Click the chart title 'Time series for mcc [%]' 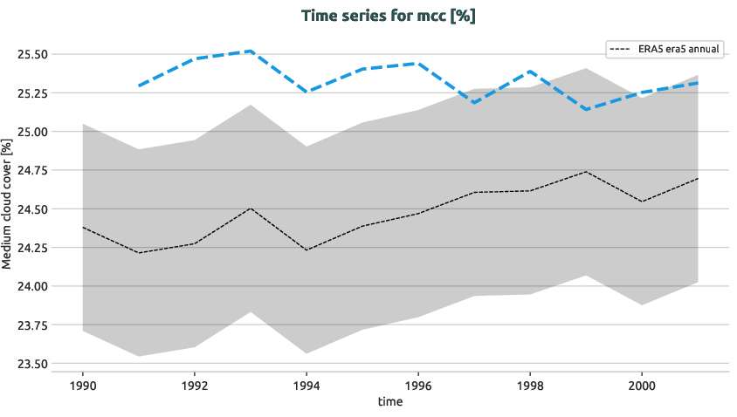pos(388,16)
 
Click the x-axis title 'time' pos(390,401)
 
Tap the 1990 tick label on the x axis pos(82,384)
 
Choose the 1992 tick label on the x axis pos(194,384)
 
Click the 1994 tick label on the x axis pos(307,384)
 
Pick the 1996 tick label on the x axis pos(418,384)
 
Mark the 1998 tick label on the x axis pos(530,384)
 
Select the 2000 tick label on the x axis pos(642,384)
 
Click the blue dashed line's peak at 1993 pos(251,51)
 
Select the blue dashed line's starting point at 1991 pos(139,85)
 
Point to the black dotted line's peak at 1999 pos(586,172)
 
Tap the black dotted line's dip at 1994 pos(307,250)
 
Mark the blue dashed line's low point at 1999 pos(586,109)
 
